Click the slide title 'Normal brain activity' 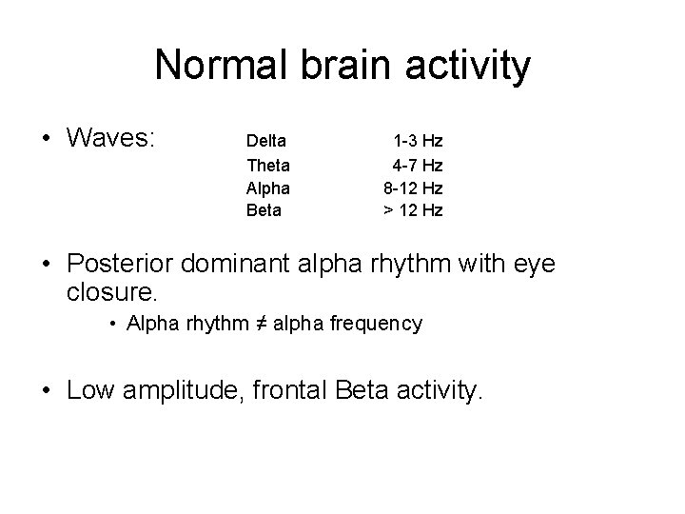(x=342, y=66)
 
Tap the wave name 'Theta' (x=266, y=165)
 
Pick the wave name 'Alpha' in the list (x=267, y=188)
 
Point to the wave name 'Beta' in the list (x=264, y=210)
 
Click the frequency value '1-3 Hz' (x=418, y=141)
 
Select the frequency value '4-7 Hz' (x=418, y=165)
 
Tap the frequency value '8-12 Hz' (x=412, y=188)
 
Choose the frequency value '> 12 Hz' (x=413, y=210)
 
